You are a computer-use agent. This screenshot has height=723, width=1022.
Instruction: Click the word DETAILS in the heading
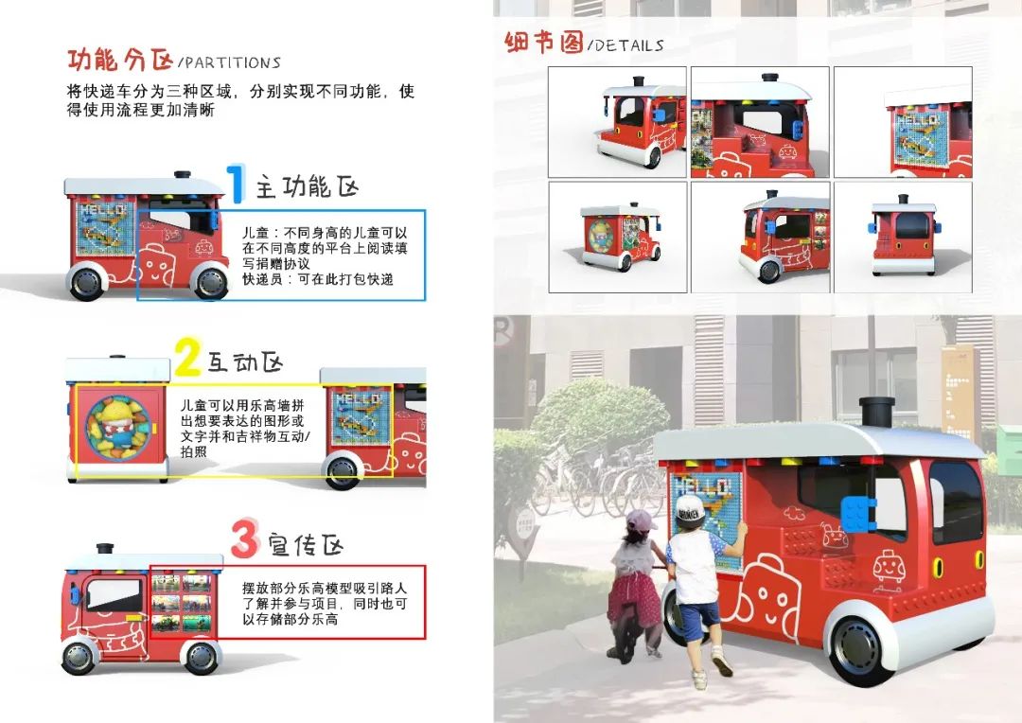(x=628, y=45)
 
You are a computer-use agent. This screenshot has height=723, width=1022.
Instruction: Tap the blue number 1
(x=236, y=184)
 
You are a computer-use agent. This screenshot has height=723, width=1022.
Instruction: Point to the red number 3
(x=244, y=539)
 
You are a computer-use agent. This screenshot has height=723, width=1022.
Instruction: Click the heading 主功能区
(x=307, y=187)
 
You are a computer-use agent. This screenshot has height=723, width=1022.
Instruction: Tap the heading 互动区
(x=245, y=362)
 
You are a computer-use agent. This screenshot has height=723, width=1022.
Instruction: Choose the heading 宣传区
(x=305, y=545)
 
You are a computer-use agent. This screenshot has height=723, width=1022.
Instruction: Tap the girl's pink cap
(x=641, y=520)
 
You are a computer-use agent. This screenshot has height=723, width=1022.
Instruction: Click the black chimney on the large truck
(x=876, y=414)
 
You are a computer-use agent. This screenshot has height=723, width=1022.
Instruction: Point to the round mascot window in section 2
(x=118, y=428)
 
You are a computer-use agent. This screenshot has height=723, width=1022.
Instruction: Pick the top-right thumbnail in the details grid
(x=903, y=122)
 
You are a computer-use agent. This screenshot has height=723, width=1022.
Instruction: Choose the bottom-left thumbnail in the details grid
(x=618, y=238)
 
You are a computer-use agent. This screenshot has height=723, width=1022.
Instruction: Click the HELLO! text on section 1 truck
(x=101, y=210)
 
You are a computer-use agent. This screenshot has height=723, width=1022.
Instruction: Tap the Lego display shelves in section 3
(x=182, y=604)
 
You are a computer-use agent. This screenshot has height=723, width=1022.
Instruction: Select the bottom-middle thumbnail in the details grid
(x=760, y=238)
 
